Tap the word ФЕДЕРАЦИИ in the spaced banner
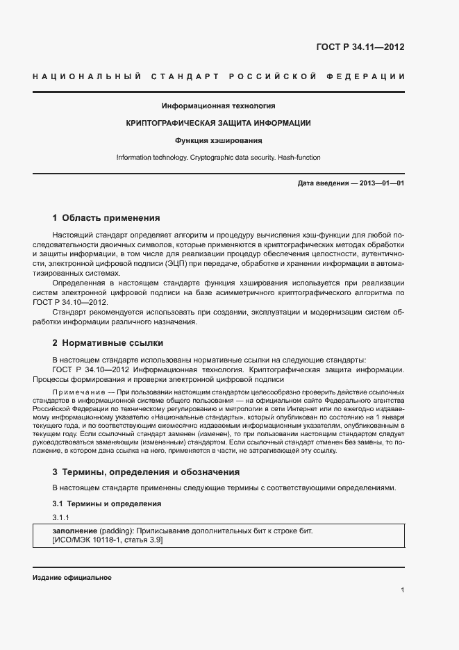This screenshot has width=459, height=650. click(x=372, y=76)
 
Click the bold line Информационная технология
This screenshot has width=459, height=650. click(x=218, y=106)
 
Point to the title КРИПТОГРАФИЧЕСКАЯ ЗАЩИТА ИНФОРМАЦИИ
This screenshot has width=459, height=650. click(x=218, y=124)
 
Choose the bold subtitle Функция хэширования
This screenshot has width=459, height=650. click(x=218, y=140)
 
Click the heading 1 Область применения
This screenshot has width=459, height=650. click(x=106, y=217)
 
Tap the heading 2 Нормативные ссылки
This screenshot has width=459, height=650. click(x=108, y=343)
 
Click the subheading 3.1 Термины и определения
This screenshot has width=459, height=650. click(x=107, y=503)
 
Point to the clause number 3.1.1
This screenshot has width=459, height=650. click(x=62, y=518)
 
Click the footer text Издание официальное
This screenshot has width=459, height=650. click(x=72, y=578)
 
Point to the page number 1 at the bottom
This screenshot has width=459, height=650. click(x=403, y=590)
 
